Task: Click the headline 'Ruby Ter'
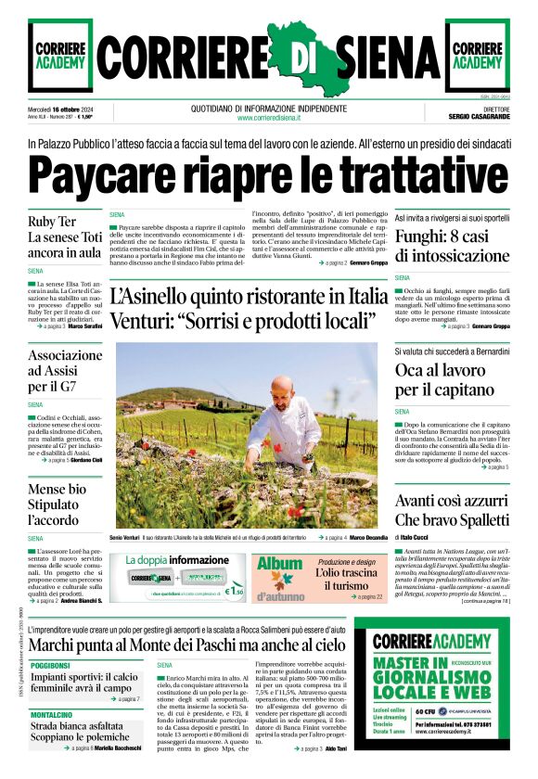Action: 52,222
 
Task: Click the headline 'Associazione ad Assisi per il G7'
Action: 65,371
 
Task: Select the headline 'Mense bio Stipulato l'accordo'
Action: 58,504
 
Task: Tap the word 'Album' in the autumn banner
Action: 280,564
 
